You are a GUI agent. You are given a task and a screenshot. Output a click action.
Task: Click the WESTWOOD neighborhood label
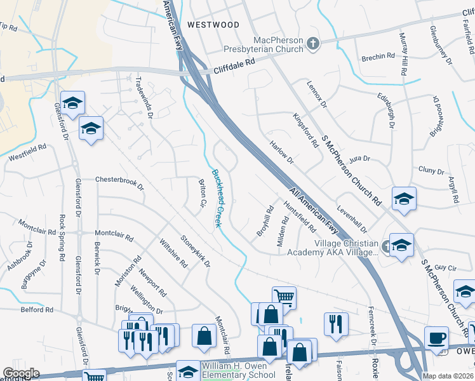coord(213,25)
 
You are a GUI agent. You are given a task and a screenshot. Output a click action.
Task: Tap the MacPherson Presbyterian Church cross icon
coord(312,43)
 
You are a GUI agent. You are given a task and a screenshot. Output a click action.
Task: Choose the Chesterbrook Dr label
coord(119,184)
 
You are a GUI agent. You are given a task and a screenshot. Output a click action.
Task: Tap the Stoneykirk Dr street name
coord(195,251)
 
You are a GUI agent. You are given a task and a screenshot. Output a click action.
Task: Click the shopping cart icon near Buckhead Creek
coord(284,297)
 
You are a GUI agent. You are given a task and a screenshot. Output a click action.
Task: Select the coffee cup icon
coord(436,337)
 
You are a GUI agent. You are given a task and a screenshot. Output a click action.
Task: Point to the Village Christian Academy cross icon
coord(386,245)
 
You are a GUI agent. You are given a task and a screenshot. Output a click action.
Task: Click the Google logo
coord(21,373)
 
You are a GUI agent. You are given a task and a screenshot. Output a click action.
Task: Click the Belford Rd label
coord(37,310)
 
